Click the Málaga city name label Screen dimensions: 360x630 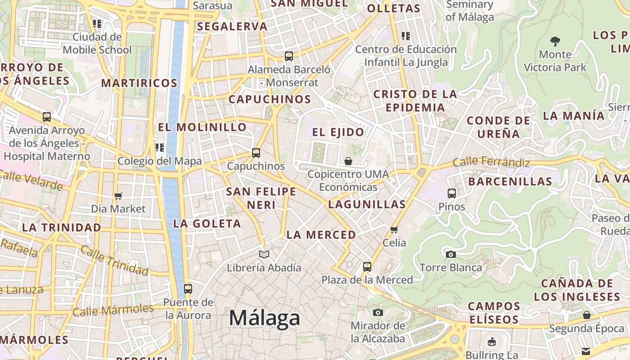[x=264, y=318]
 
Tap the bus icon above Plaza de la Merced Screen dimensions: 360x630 [x=367, y=267]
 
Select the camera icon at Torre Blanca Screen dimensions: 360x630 [x=450, y=254]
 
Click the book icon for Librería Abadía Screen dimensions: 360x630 [x=264, y=255]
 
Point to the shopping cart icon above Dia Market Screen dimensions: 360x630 [x=118, y=196]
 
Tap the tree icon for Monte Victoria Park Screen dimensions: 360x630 [x=555, y=41]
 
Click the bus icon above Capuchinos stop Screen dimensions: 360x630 [x=256, y=153]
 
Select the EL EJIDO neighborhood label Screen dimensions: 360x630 [x=338, y=132]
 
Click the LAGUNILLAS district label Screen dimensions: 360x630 [x=367, y=204]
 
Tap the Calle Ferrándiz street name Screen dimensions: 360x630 [x=491, y=162]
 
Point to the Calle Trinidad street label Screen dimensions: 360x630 [x=114, y=261]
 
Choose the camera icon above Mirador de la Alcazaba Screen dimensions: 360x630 [x=378, y=312]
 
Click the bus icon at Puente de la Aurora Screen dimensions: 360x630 [x=188, y=289]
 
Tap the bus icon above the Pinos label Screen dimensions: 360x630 [x=452, y=193]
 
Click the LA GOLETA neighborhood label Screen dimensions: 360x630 [x=207, y=224]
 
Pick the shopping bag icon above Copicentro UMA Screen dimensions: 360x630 [x=348, y=161]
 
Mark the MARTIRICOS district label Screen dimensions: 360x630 [x=139, y=83]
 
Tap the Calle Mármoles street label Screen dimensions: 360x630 [x=113, y=310]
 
